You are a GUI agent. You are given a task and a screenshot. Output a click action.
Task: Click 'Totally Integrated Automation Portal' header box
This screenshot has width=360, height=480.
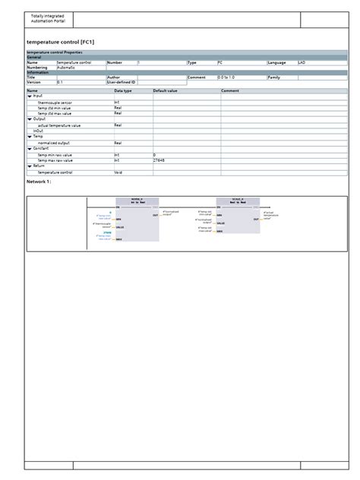coord(50,19)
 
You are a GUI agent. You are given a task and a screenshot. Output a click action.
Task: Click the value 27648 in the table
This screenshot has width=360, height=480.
coord(159,160)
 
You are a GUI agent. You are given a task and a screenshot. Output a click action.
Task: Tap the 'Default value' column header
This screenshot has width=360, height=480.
coord(164,90)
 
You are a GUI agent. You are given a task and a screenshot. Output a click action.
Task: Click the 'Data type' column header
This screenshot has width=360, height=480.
coord(122,90)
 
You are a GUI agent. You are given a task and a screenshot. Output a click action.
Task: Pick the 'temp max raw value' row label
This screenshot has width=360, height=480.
coord(55,160)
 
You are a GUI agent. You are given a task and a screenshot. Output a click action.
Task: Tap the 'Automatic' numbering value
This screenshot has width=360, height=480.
coord(65,68)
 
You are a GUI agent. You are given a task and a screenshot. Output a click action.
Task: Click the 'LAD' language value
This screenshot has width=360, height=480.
coord(301,62)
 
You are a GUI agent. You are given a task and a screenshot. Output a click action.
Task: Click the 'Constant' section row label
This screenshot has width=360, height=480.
coord(41,149)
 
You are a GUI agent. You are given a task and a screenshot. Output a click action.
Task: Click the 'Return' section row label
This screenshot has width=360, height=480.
coord(39,166)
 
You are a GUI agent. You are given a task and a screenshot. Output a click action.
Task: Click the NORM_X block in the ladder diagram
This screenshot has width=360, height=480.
coord(137,221)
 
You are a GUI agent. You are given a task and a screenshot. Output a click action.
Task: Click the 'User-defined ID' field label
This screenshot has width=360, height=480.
coord(121,82)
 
